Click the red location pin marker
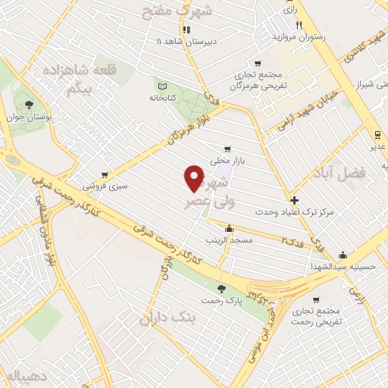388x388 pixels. [x=194, y=178]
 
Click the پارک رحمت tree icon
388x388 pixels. [x=221, y=288]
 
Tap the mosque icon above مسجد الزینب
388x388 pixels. [x=229, y=227]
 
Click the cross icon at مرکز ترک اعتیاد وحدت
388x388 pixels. [x=294, y=200]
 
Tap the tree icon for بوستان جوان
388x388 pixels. [x=29, y=105]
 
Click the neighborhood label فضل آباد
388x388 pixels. [x=338, y=174]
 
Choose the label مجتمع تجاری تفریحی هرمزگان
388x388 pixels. [x=261, y=80]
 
